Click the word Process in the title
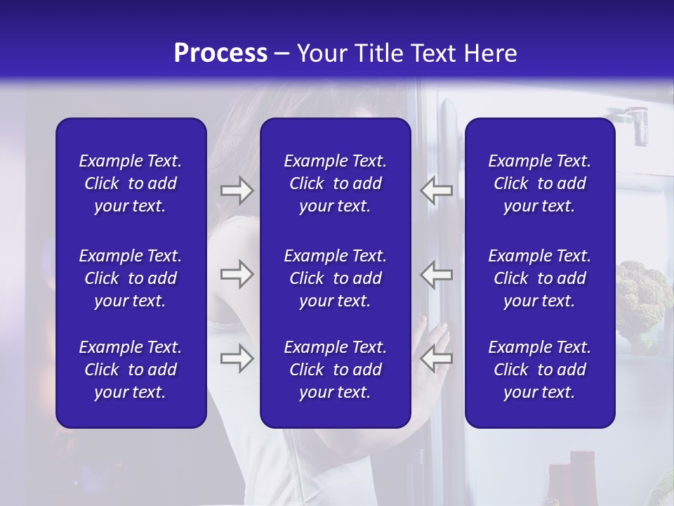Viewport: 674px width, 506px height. point(220,53)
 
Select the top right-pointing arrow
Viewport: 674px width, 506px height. point(237,190)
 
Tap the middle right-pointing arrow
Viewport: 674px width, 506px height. point(237,274)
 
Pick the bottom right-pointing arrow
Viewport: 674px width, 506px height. point(237,358)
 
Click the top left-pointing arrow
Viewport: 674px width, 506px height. point(437,190)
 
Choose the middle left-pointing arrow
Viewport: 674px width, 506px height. point(437,274)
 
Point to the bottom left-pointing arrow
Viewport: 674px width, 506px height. point(437,358)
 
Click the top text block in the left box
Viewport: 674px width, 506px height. point(131,183)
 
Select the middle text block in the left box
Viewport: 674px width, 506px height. point(131,278)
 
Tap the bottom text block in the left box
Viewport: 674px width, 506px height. point(131,370)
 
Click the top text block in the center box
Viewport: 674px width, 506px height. point(335,183)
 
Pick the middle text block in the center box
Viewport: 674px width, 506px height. point(335,278)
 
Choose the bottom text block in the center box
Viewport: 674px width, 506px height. point(335,370)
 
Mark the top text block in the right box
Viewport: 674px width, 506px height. point(539,183)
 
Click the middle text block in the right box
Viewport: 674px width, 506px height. point(539,278)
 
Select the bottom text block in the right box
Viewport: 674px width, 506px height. point(539,370)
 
